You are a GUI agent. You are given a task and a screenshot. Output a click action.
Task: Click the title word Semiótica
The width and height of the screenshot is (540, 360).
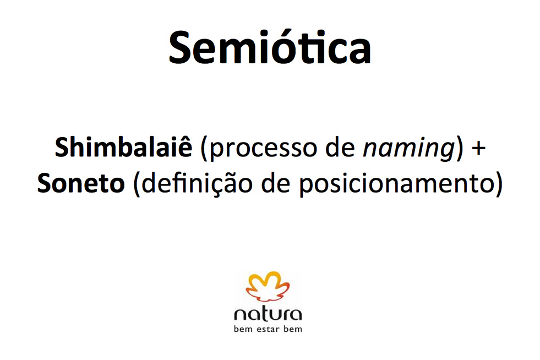click(270, 47)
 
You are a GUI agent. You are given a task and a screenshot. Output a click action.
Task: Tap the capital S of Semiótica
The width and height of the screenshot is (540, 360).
click(179, 47)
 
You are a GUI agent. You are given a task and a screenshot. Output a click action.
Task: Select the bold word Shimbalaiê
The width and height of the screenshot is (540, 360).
click(123, 147)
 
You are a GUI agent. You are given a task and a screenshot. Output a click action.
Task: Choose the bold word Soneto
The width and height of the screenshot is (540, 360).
click(81, 183)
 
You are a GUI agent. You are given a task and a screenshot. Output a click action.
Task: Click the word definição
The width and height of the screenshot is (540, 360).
click(197, 184)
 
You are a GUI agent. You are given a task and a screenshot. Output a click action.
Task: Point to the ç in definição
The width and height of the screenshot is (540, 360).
click(221, 187)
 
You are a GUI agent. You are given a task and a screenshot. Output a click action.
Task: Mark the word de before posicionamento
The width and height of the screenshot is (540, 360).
click(275, 183)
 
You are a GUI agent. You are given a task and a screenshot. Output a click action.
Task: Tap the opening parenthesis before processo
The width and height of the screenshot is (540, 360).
click(204, 149)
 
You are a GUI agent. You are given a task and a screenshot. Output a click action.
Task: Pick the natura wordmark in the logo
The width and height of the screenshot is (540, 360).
click(268, 314)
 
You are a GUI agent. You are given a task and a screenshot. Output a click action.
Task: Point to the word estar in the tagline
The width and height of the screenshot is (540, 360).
click(268, 329)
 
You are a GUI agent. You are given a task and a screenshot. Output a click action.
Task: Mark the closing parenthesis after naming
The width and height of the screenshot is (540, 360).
click(459, 149)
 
